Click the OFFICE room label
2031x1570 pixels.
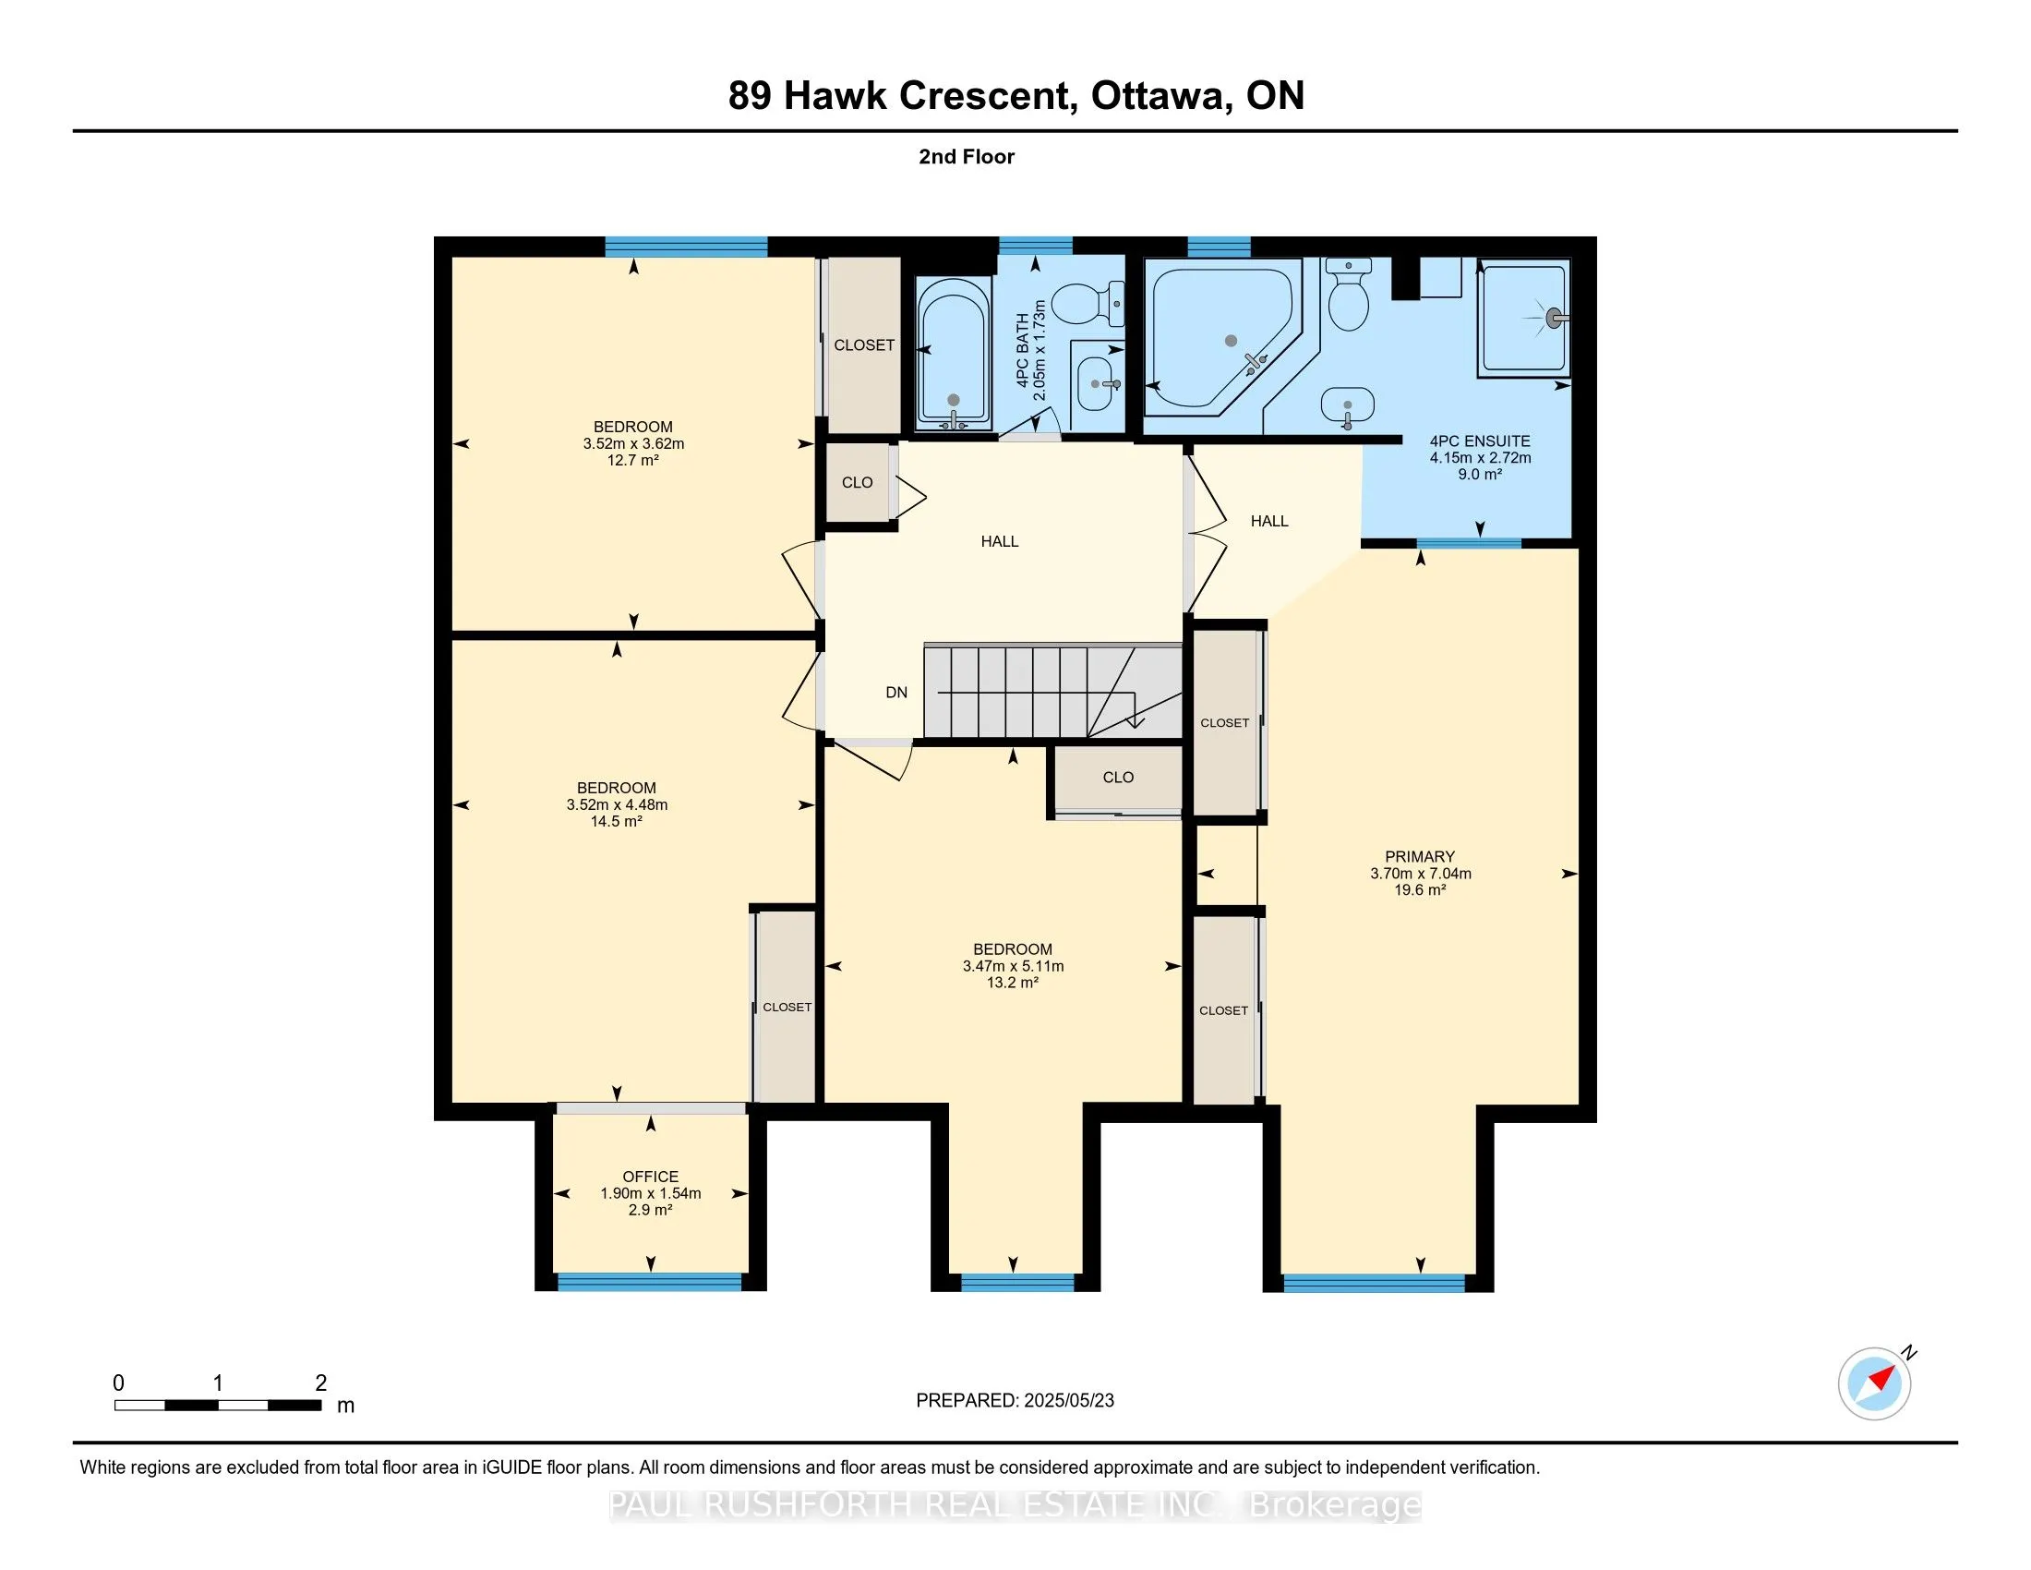[x=650, y=1177]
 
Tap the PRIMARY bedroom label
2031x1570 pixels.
[x=1419, y=857]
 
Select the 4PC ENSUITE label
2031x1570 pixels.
[x=1480, y=441]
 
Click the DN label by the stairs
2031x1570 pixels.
[x=896, y=692]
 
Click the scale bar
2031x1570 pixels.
[x=218, y=1406]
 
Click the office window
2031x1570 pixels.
[x=649, y=1282]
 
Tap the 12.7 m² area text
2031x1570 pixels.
[x=633, y=461]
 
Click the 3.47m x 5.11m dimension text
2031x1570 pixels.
[x=1013, y=966]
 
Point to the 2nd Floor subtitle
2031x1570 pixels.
[x=967, y=156]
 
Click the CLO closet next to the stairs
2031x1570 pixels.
[x=1118, y=778]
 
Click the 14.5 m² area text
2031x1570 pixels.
[x=617, y=821]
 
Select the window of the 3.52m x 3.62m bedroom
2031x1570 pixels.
[x=686, y=247]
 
